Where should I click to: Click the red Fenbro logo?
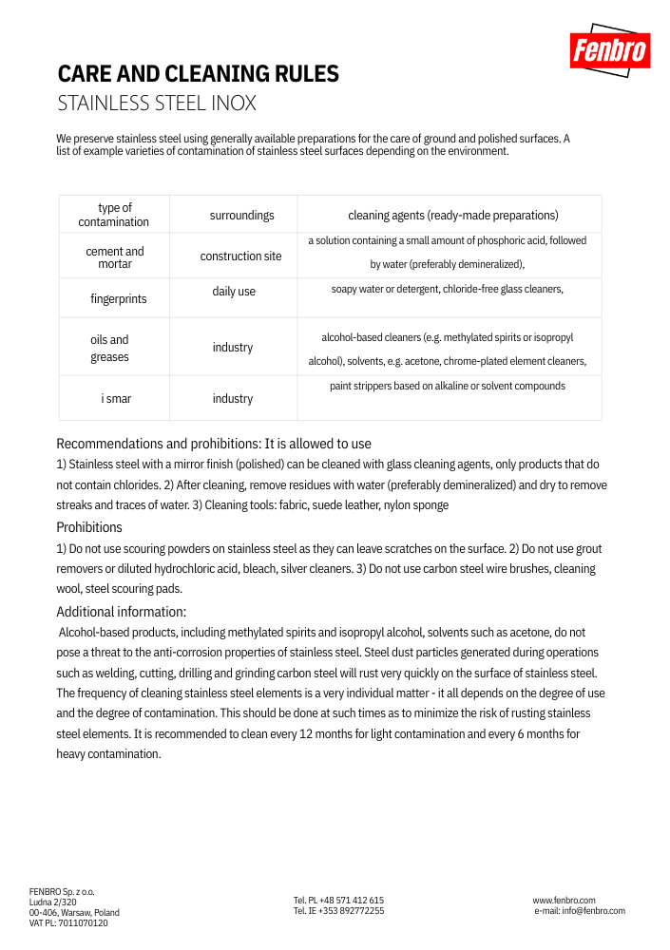pyautogui.click(x=609, y=50)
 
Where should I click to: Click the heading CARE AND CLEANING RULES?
pyautogui.click(x=199, y=74)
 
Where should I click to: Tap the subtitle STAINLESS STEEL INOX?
pyautogui.click(x=157, y=104)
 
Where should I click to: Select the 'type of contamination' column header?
pyautogui.click(x=114, y=215)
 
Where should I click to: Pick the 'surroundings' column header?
pyautogui.click(x=241, y=216)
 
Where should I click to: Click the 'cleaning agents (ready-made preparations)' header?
pyautogui.click(x=452, y=216)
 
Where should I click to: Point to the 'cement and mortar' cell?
pyautogui.click(x=115, y=257)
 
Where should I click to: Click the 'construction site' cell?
pyautogui.click(x=240, y=256)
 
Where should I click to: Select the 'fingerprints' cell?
pyautogui.click(x=119, y=299)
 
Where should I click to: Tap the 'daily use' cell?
pyautogui.click(x=234, y=292)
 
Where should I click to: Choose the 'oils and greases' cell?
pyautogui.click(x=110, y=349)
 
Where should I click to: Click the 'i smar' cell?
pyautogui.click(x=116, y=399)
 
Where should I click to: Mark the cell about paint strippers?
pyautogui.click(x=448, y=386)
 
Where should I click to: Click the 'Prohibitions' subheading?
pyautogui.click(x=89, y=527)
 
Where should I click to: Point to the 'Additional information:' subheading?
pyautogui.click(x=122, y=612)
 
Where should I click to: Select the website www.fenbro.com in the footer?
pyautogui.click(x=564, y=901)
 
